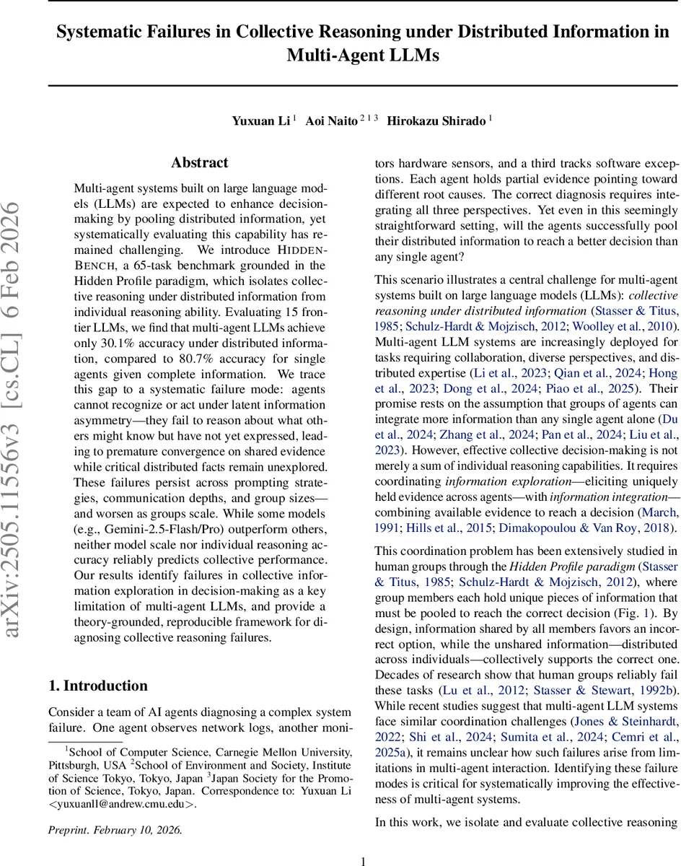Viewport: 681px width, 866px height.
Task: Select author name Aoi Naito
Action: (331, 121)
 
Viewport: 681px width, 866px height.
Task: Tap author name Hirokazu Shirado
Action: (436, 121)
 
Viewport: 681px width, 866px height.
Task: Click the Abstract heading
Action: (200, 163)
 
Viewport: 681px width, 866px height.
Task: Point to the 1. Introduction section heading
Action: (98, 686)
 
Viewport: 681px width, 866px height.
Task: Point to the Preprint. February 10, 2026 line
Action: (115, 830)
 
